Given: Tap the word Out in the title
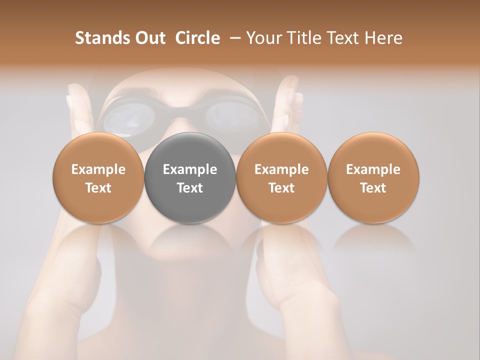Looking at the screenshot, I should [x=148, y=38].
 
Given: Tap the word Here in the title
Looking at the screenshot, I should [x=383, y=38].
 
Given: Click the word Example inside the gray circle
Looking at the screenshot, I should [x=190, y=169].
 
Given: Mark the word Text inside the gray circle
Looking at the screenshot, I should [x=190, y=188].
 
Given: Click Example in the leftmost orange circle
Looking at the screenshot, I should [x=98, y=169].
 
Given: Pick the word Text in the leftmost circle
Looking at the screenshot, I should [x=98, y=188].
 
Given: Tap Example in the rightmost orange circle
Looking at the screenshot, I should [x=373, y=169].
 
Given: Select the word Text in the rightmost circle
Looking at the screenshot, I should [x=373, y=188].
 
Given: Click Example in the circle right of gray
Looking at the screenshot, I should [x=281, y=169].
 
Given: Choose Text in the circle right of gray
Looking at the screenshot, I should [x=281, y=188].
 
